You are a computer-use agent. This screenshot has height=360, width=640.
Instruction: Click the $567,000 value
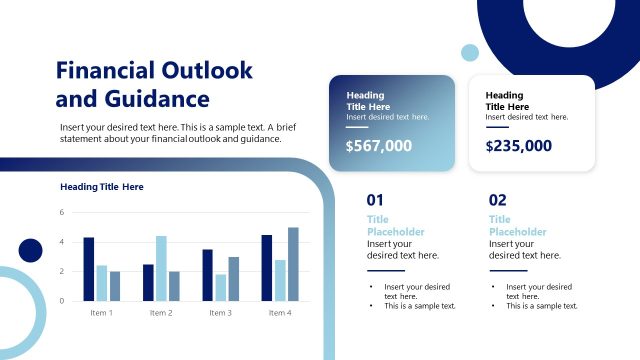click(378, 146)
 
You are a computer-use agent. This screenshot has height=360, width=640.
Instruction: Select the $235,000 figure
click(518, 146)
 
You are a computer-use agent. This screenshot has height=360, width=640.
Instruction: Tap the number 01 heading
click(375, 199)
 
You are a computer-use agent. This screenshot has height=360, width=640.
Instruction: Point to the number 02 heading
click(498, 199)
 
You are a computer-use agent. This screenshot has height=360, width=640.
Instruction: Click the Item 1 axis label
click(102, 313)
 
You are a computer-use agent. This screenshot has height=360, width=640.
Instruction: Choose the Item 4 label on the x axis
click(280, 313)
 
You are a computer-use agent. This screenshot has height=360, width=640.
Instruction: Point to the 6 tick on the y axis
click(61, 212)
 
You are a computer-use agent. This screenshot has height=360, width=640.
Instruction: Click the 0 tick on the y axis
click(61, 300)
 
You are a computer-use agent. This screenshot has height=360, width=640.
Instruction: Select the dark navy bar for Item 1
click(89, 269)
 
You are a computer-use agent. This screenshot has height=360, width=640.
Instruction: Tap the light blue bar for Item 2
click(161, 268)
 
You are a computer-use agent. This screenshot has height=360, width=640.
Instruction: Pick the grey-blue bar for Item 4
click(293, 264)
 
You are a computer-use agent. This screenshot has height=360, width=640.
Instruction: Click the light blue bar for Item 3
click(220, 287)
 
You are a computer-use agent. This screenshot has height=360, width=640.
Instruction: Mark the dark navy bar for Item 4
click(267, 267)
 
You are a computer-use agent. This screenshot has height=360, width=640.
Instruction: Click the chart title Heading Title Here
click(102, 187)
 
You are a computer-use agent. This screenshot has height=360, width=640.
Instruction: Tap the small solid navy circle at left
click(30, 250)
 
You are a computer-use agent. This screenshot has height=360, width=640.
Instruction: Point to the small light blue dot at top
click(469, 52)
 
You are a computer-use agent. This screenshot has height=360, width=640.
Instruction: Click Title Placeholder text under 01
click(395, 225)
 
